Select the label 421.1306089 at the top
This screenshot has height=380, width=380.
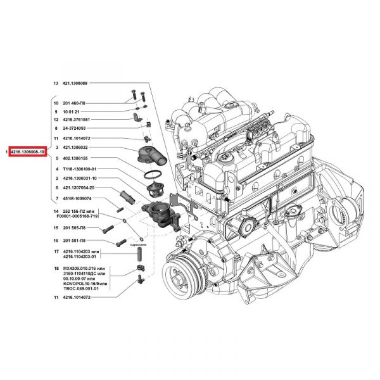coord(76,83)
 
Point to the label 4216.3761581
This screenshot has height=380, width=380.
coord(77,120)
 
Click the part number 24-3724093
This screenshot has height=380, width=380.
coord(75,128)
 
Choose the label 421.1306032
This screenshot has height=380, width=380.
coord(75,148)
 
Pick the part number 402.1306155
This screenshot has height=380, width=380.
coord(75,158)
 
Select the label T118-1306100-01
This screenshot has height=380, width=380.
coord(79,169)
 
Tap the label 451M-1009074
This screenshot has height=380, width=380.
coord(76,199)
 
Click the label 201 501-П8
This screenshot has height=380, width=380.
coord(75,241)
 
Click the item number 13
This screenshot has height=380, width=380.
coord(55,83)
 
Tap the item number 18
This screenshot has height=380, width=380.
coord(55,269)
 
